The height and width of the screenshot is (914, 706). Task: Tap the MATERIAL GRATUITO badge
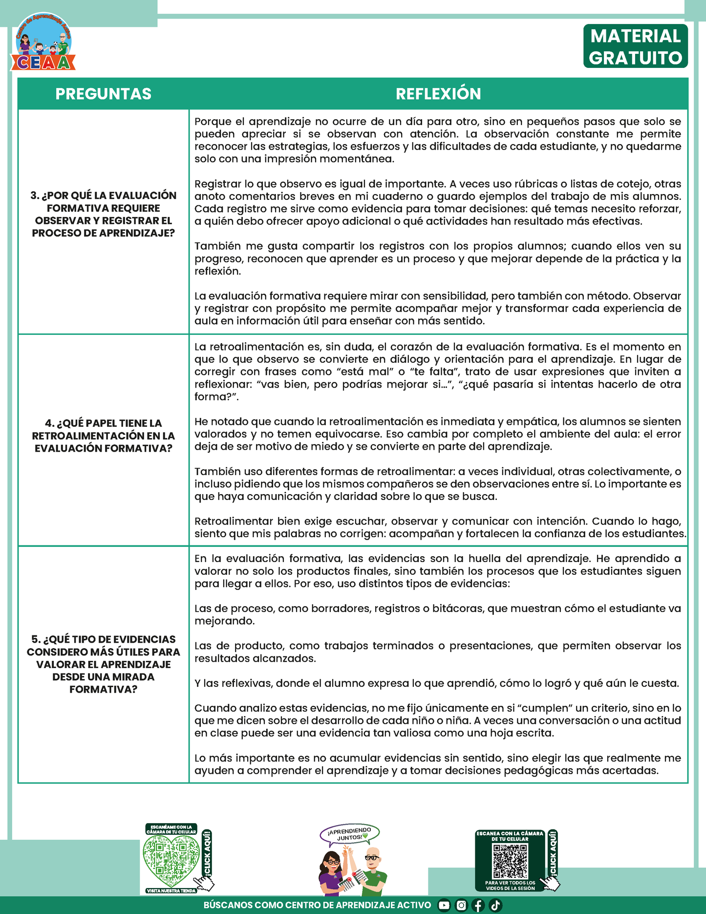point(635,46)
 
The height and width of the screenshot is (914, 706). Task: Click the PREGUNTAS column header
point(103,94)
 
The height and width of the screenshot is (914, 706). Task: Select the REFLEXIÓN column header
point(438,94)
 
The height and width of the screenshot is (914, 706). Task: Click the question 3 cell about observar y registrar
point(103,214)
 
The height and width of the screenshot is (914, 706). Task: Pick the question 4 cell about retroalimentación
point(103,435)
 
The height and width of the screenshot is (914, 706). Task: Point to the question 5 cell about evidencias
point(103,664)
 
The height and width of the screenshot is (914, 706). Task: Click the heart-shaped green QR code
point(171,860)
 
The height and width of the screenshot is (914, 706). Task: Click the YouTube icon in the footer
point(444,905)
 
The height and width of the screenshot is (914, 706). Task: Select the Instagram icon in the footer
point(461,905)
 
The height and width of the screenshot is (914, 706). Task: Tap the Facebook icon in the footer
point(478,905)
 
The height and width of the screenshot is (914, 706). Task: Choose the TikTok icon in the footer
point(495,905)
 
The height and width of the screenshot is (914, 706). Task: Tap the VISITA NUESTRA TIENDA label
point(171,891)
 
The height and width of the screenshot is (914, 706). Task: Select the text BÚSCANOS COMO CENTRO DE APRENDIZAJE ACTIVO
point(317,905)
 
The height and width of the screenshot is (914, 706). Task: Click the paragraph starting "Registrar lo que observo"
point(438,202)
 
